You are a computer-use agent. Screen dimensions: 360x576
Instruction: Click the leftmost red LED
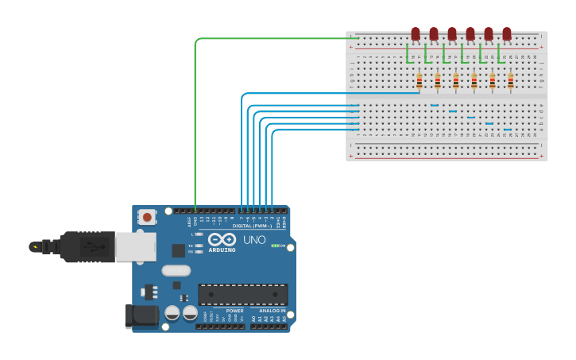click(x=416, y=33)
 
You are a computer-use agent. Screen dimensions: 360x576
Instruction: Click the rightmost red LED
click(x=507, y=33)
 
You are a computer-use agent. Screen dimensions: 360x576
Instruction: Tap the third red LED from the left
click(x=452, y=33)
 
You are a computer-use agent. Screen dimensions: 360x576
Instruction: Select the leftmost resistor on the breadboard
click(x=419, y=81)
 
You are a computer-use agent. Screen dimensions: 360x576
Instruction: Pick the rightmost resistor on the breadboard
click(x=510, y=81)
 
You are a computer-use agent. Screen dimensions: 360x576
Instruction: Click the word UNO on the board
click(x=254, y=240)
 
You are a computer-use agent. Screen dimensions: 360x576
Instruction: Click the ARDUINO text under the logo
click(x=222, y=250)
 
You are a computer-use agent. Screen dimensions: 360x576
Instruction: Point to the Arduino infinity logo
click(x=222, y=239)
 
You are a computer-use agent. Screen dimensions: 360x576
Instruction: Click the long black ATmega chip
click(x=243, y=294)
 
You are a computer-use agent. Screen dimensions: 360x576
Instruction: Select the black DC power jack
click(x=141, y=315)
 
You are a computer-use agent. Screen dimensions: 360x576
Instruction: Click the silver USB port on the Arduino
click(x=135, y=247)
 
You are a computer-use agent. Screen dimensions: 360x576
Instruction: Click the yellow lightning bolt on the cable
click(x=34, y=246)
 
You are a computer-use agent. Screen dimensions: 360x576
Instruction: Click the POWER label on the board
click(x=224, y=311)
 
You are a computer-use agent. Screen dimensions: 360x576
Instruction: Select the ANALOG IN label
click(x=267, y=311)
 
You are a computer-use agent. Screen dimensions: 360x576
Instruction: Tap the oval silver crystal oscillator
click(x=176, y=270)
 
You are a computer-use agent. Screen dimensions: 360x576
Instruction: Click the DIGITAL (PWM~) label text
click(x=253, y=226)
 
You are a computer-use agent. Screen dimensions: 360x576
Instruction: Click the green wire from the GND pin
click(x=195, y=119)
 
